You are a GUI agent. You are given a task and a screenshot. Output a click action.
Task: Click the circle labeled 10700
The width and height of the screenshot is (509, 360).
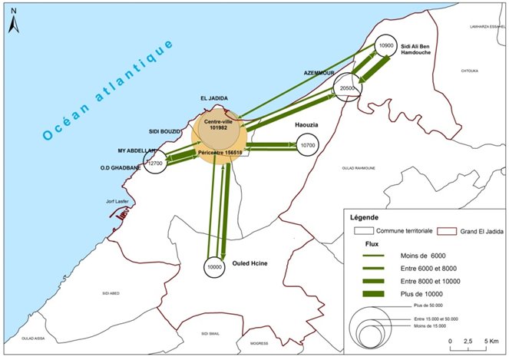point(309,145)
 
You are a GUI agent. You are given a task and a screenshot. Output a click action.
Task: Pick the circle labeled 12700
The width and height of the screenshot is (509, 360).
point(156,163)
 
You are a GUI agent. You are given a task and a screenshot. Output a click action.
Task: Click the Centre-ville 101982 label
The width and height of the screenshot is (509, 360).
point(218,124)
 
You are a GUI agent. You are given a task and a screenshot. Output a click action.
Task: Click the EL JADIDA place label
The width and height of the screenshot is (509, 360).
point(215,99)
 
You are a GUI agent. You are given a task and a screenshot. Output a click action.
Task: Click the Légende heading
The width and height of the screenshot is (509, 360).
point(365,216)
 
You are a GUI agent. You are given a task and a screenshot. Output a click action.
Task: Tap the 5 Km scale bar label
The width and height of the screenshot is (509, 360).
point(490,339)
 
